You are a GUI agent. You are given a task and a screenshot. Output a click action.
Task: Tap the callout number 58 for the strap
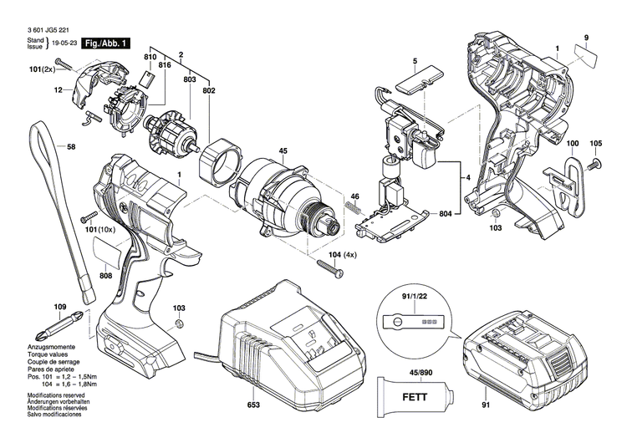(71, 147)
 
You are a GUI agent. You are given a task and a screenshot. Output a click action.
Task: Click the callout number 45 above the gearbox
(283, 151)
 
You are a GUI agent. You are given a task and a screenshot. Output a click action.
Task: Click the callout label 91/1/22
(408, 295)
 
